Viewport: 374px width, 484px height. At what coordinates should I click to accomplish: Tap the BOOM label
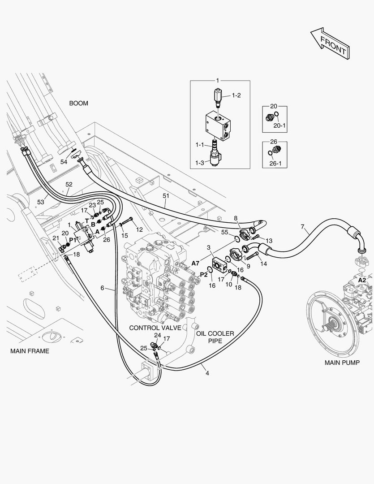point(78,104)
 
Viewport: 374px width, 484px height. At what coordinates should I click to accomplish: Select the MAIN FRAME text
point(30,351)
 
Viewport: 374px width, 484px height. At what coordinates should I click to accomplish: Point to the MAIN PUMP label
point(342,363)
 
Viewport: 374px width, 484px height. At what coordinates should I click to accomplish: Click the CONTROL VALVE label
point(155,328)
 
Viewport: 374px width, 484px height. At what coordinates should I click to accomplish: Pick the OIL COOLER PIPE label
point(215,337)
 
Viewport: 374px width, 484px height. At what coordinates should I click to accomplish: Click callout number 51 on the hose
point(166,196)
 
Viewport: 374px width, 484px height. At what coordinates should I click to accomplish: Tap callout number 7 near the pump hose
point(303,227)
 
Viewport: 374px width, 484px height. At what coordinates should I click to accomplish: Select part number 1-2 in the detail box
point(236,95)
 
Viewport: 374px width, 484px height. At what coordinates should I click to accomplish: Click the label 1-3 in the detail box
point(200,163)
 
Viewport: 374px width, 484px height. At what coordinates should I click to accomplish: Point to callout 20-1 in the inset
point(279,125)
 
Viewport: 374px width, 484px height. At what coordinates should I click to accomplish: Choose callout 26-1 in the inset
point(275,163)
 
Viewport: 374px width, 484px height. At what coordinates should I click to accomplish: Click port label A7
point(195,264)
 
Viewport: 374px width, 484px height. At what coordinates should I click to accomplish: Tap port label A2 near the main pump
point(362,280)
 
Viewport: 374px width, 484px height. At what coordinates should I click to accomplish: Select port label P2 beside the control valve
point(204,275)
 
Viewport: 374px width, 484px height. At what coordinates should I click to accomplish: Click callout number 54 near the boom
point(64,162)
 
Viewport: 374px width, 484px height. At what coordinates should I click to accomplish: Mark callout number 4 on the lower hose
point(207,373)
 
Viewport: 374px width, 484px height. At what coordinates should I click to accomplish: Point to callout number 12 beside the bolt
point(139,229)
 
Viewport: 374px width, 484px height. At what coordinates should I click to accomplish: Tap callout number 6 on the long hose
point(103,288)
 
